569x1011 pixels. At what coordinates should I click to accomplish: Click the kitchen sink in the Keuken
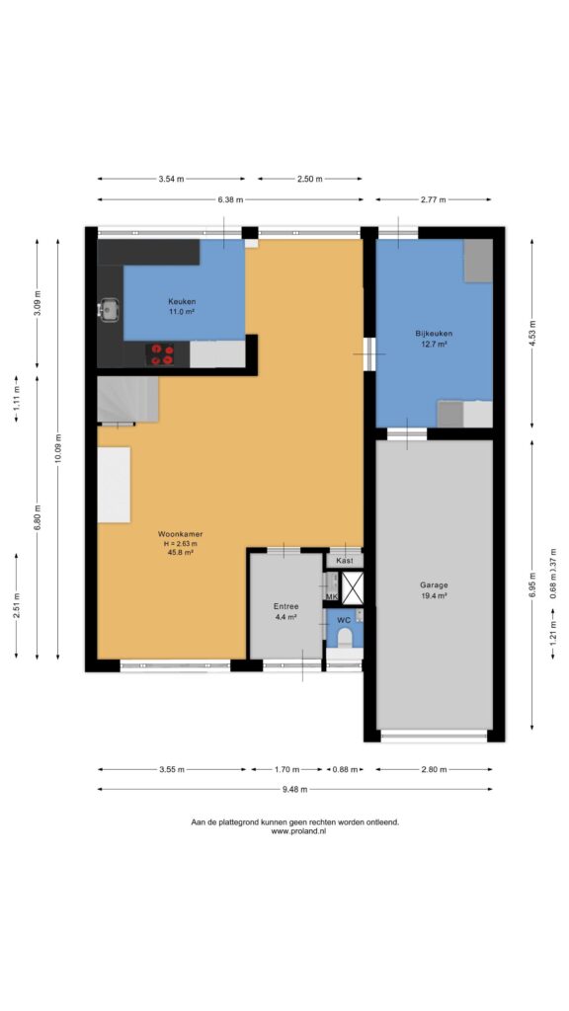(x=109, y=310)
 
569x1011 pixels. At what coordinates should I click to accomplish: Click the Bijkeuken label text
(x=434, y=334)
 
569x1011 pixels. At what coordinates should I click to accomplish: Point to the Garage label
(x=434, y=584)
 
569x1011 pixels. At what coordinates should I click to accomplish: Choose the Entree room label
(x=285, y=606)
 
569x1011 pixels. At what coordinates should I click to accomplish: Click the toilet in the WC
(x=345, y=637)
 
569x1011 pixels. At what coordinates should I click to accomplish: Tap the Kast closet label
(x=345, y=561)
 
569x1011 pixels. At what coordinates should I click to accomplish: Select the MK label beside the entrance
(x=332, y=597)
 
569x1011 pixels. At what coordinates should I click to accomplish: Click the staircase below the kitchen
(x=127, y=400)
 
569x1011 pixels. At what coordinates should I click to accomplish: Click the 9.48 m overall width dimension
(x=294, y=789)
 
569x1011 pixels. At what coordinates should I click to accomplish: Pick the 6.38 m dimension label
(x=230, y=199)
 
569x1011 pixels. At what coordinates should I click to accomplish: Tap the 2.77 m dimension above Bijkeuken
(x=433, y=199)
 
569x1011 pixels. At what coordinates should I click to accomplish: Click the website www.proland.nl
(x=298, y=831)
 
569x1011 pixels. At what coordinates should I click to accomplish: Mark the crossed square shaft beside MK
(x=353, y=587)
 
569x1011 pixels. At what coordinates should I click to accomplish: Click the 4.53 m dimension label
(x=532, y=334)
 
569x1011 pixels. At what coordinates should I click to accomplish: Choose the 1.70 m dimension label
(x=286, y=768)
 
